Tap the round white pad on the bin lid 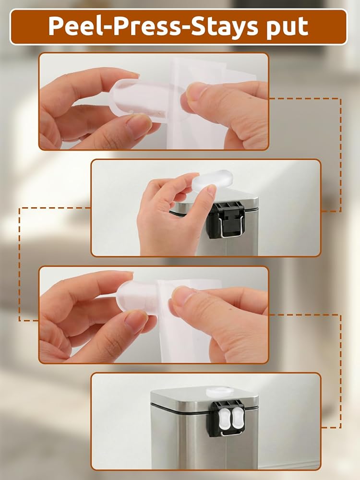coord(219,392)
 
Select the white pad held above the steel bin coord(213,179)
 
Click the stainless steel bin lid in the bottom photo coord(204,397)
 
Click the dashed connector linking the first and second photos coord(340,155)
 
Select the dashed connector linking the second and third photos coord(19,264)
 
